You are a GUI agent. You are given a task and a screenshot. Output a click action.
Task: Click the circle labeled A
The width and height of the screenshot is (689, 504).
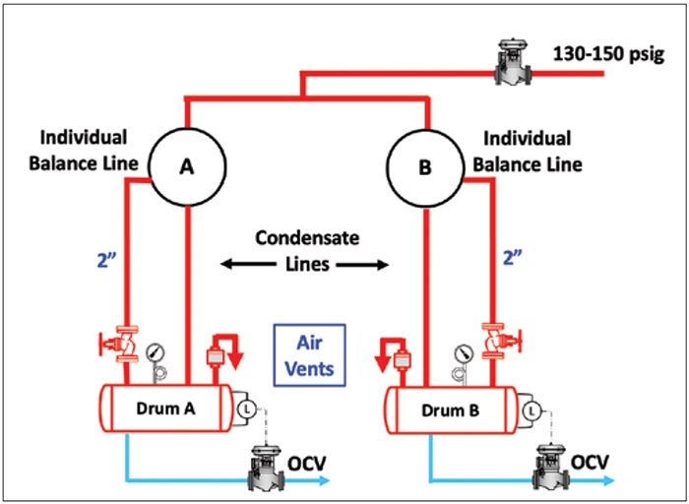click(186, 167)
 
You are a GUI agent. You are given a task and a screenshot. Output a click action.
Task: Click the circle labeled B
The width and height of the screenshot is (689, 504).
click(425, 167)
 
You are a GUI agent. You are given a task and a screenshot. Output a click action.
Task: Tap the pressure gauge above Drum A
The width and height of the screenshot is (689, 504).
click(156, 352)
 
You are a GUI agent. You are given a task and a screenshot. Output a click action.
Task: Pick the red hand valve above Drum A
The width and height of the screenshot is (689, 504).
click(122, 345)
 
